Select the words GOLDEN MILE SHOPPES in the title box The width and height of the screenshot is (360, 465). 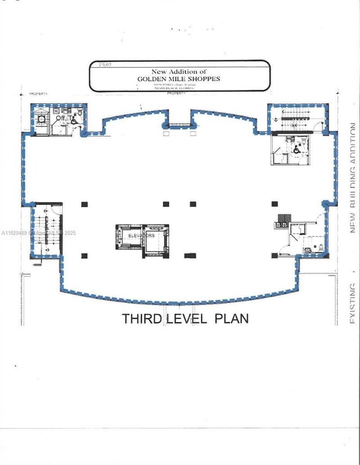[x=179, y=78]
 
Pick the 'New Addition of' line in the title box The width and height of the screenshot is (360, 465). [x=179, y=72]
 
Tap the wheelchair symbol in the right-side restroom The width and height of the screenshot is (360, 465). [x=297, y=151]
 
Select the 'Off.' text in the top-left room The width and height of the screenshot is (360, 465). [x=60, y=118]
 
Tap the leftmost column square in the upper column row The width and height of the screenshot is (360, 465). [x=84, y=204]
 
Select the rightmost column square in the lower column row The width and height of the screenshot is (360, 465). [x=274, y=255]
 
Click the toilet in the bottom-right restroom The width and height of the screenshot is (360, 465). [x=318, y=247]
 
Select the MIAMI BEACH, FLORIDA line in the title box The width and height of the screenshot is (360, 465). [x=174, y=88]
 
